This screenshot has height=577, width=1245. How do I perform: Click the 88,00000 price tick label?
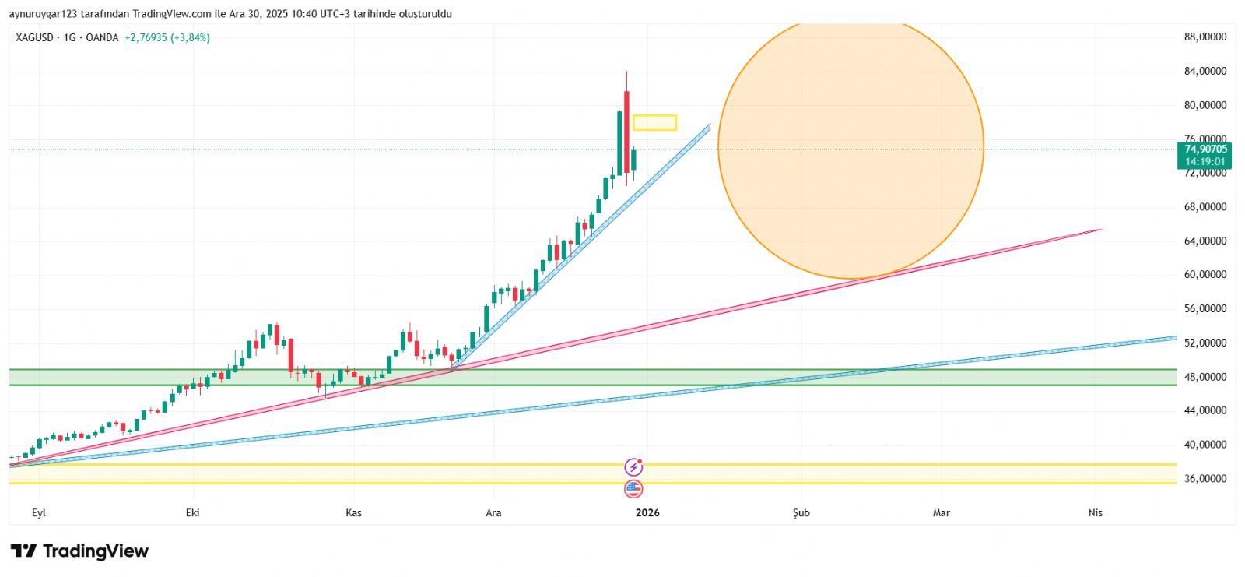click(x=1205, y=37)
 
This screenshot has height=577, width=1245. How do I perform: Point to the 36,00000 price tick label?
click(x=1205, y=479)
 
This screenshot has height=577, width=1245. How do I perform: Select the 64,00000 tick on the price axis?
click(x=1205, y=241)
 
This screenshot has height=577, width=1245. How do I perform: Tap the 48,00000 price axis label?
click(x=1205, y=377)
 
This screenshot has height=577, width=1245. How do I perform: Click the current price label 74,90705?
click(x=1205, y=150)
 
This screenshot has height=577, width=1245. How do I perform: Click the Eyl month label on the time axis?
click(x=39, y=512)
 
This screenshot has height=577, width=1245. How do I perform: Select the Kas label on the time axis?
click(x=354, y=512)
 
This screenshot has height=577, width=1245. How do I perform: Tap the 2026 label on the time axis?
click(x=647, y=512)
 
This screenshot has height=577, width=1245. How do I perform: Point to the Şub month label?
click(x=801, y=512)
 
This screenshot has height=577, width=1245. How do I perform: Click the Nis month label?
click(x=1096, y=512)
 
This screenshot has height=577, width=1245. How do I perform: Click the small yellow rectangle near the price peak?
click(x=654, y=122)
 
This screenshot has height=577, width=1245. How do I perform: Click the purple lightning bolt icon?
click(x=634, y=467)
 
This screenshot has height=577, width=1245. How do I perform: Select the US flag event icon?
click(x=633, y=489)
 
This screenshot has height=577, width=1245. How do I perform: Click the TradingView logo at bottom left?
click(x=79, y=551)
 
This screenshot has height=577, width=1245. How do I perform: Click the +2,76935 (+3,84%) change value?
click(x=167, y=37)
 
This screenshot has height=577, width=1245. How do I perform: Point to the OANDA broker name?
click(x=102, y=37)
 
